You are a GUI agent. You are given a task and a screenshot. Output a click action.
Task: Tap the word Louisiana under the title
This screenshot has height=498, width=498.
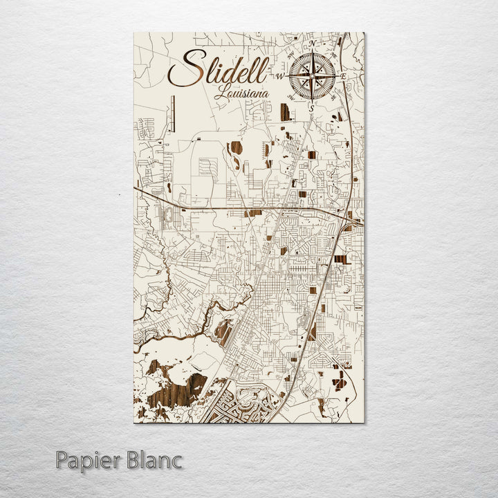pos(241,93)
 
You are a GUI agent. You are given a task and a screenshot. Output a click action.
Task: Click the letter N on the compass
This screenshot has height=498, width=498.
pos(313,43)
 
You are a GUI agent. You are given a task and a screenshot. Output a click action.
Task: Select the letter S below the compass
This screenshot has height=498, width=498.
pos(312,108)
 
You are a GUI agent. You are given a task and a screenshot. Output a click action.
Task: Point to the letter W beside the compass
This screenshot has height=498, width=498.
pos(281,75)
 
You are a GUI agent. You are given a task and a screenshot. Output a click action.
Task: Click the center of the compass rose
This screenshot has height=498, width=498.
pos(313,75)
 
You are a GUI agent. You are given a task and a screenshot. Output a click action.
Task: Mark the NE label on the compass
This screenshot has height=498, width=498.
pos(333,54)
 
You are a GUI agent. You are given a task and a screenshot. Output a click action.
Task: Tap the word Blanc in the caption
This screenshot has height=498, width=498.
pos(154,459)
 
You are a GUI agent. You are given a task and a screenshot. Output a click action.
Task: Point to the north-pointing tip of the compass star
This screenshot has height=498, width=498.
pos(313,50)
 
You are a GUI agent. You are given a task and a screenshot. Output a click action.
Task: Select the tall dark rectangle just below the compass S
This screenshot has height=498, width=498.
pos(284,112)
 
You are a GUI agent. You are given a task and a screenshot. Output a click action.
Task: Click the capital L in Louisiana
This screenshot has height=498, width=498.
pos(220,91)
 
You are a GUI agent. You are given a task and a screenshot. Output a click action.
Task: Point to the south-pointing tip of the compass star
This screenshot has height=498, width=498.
pos(313,101)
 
